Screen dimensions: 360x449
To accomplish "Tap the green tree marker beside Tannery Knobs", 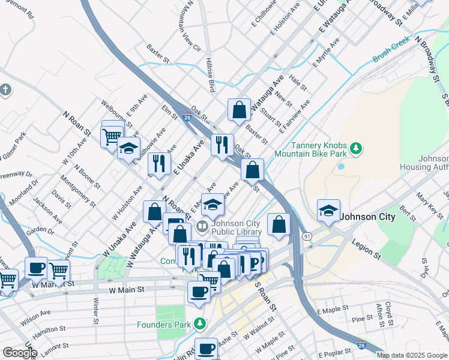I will point(356,148).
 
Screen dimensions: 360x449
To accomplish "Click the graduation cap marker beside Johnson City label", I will point(328,211).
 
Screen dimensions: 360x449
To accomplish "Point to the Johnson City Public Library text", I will point(236,228).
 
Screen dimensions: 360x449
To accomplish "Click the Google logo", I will point(19,353).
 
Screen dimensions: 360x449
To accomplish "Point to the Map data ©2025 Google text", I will point(412,355).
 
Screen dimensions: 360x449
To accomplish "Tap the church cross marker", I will point(5,91).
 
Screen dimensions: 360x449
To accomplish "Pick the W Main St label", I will point(128,290).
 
